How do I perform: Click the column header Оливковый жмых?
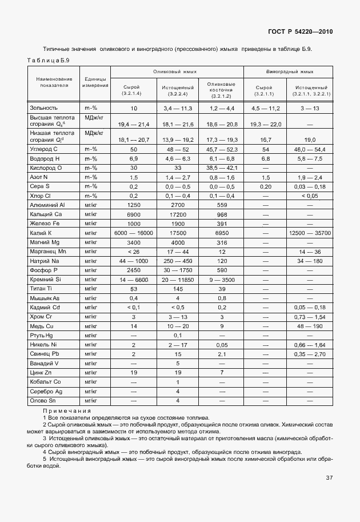[x=177, y=73]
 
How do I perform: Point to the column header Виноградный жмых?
[x=290, y=73]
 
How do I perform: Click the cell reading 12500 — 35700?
[x=310, y=233]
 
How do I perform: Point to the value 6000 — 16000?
[x=133, y=233]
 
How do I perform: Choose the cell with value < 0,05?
[x=310, y=196]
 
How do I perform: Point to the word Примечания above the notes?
[x=67, y=411]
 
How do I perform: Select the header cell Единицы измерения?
[x=94, y=82]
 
